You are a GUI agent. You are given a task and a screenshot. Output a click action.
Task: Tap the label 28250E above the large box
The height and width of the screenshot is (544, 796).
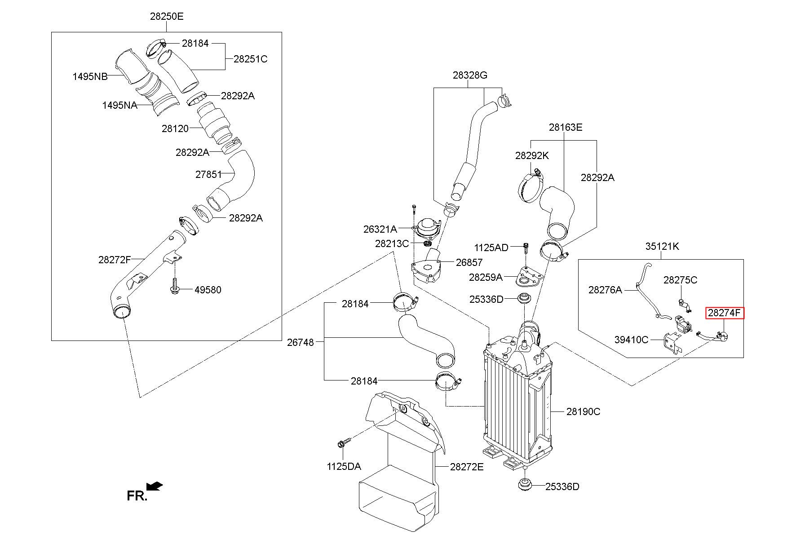[x=167, y=17]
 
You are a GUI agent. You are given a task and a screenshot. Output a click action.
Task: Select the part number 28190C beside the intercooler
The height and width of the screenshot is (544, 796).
[x=583, y=411]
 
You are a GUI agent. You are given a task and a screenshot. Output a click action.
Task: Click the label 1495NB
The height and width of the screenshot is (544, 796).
[x=90, y=76]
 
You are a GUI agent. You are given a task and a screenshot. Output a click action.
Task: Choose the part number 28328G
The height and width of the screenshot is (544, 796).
[x=470, y=75]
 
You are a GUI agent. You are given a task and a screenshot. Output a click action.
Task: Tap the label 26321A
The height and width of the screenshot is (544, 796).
[x=380, y=229]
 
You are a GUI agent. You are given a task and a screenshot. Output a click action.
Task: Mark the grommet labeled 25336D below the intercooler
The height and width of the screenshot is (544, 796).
[x=525, y=485]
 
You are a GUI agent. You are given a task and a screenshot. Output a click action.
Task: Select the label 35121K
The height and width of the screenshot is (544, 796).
[x=662, y=246]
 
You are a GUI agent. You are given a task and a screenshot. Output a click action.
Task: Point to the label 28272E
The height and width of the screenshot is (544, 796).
[x=467, y=467]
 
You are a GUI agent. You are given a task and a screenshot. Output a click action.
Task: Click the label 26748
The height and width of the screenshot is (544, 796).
[x=301, y=342]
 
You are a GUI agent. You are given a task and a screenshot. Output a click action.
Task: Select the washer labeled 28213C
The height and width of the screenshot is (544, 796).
[x=427, y=243]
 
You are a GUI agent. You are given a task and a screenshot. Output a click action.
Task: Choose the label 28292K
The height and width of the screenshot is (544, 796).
[x=532, y=155]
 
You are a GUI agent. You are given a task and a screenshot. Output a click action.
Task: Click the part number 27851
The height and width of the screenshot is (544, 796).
[x=208, y=174]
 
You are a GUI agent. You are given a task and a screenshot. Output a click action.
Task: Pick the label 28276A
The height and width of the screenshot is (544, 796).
[x=605, y=290]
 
